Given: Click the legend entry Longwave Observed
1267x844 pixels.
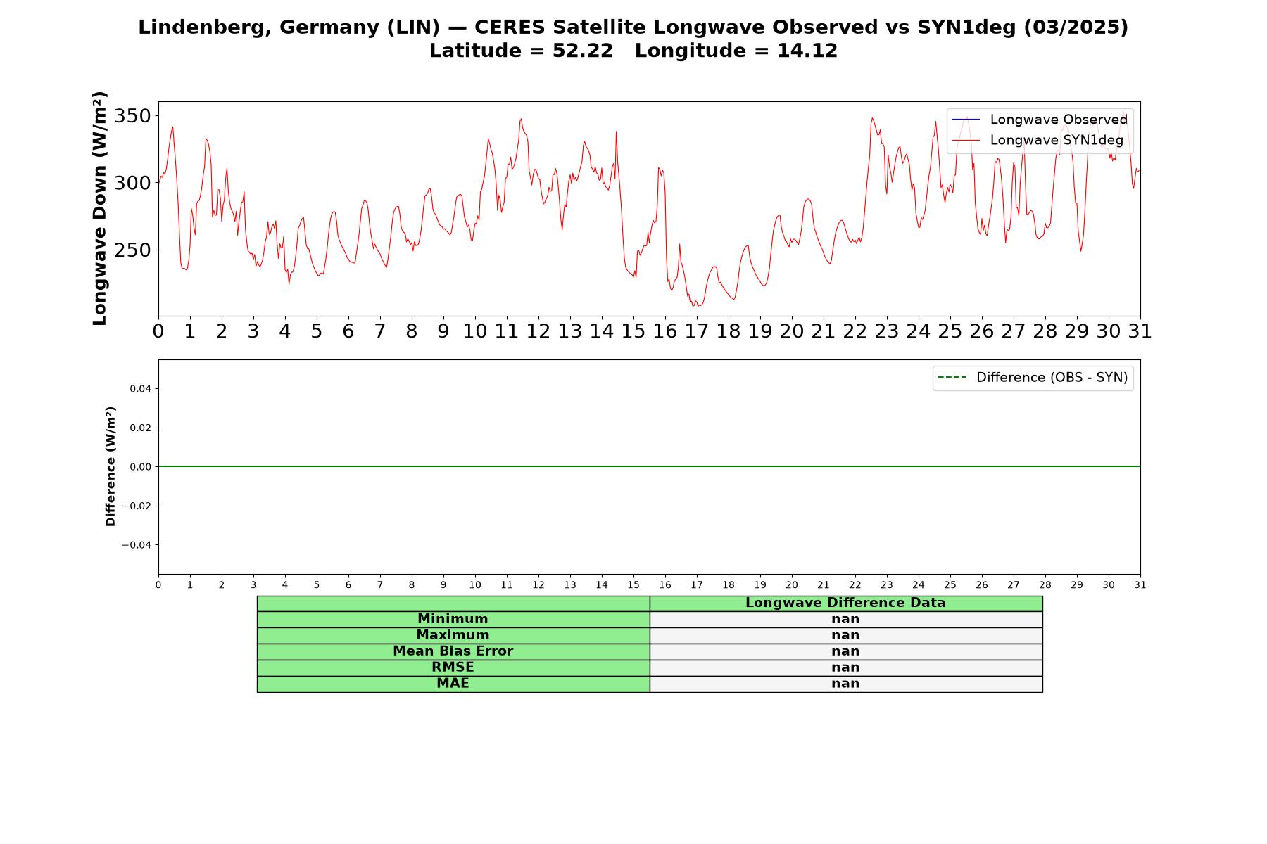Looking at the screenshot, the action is (1040, 120).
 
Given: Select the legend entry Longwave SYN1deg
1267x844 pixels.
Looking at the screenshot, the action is (1038, 140).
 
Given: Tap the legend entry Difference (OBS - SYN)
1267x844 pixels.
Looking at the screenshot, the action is (1033, 378).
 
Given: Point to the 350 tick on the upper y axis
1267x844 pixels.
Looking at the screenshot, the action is (132, 115).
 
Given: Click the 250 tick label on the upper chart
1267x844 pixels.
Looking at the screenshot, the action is (132, 250).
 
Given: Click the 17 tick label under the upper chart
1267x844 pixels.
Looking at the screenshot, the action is (697, 331).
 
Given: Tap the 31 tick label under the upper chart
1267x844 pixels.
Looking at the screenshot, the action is (1140, 331).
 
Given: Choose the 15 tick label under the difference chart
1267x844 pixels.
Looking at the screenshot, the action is (633, 585).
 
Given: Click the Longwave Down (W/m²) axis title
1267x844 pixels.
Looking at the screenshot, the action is (100, 208).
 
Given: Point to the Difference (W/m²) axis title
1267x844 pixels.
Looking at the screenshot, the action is (111, 466).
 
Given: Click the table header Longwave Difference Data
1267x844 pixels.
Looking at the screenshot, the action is (845, 603).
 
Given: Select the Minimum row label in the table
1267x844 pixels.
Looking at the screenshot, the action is (453, 619).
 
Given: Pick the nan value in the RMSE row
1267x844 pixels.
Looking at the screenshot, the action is (845, 667).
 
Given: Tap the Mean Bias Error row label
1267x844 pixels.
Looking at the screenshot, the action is (453, 651).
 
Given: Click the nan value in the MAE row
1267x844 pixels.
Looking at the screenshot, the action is (845, 684).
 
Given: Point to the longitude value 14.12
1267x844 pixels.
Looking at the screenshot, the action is (807, 51).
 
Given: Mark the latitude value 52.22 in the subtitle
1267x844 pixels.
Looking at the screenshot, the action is (583, 51).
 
